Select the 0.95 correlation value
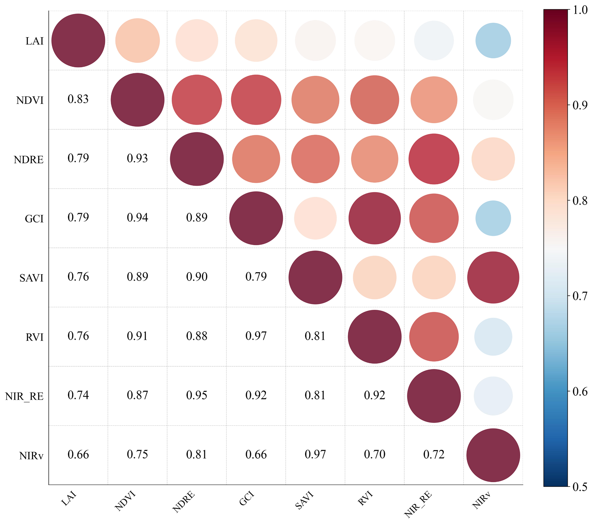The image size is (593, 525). (197, 395)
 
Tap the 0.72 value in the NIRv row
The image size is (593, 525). (434, 455)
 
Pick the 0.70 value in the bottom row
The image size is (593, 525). (375, 455)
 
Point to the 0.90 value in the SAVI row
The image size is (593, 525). (197, 277)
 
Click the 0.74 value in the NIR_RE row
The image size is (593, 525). (78, 395)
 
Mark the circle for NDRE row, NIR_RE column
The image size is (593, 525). (434, 159)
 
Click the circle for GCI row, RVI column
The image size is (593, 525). (375, 218)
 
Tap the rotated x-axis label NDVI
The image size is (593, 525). (125, 501)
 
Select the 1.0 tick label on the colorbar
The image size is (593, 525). (580, 10)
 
